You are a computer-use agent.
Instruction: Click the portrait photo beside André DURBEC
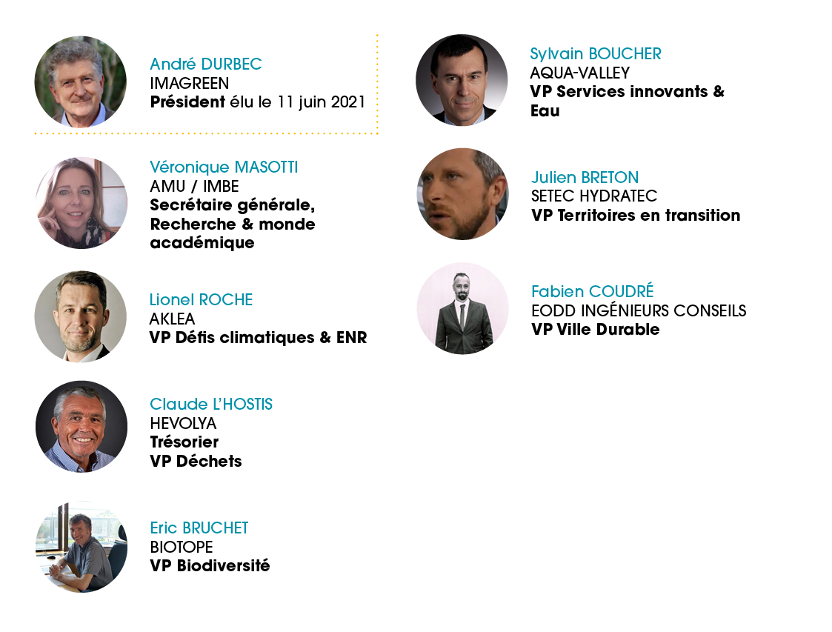tap(81, 82)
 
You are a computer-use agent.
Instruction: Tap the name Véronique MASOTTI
tap(224, 167)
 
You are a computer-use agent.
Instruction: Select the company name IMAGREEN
tap(190, 83)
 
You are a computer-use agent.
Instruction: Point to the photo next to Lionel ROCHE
tap(81, 317)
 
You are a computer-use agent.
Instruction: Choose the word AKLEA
tap(172, 319)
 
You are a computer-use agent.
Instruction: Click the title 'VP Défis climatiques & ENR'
tap(258, 338)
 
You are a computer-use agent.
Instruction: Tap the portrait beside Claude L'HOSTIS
tap(81, 426)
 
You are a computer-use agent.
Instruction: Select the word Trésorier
tap(184, 442)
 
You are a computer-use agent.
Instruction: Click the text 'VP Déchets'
tap(196, 461)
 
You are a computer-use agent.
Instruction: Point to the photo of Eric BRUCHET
tap(81, 547)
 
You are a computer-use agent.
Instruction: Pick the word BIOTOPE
tap(182, 547)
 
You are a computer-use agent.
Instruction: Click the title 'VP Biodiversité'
tap(210, 565)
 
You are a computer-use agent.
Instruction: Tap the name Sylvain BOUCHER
tap(596, 53)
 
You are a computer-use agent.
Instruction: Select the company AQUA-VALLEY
tap(580, 73)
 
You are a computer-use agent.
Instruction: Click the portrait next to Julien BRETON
tap(463, 193)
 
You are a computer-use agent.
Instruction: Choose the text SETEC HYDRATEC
tap(594, 196)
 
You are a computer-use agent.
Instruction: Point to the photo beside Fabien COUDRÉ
tap(463, 309)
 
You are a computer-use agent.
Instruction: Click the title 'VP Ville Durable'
tap(596, 330)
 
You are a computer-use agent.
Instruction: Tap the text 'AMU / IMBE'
tap(194, 186)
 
